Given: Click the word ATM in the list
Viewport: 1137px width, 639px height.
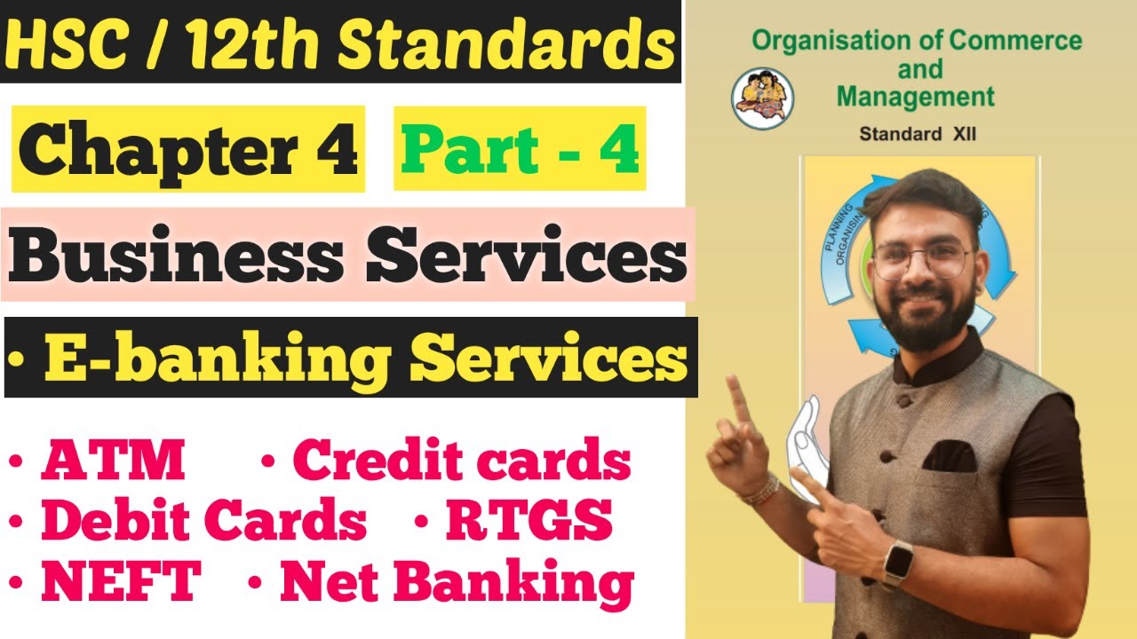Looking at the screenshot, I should [113, 461].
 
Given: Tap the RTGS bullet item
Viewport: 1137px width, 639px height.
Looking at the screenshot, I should [528, 521].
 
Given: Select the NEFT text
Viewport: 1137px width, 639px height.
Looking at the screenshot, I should [120, 582].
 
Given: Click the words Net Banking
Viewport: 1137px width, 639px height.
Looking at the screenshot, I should [457, 582].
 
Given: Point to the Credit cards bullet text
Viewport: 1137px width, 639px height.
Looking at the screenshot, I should [461, 461].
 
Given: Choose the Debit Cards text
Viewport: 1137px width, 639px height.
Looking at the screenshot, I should [203, 521].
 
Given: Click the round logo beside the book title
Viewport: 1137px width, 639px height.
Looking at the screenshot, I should [762, 99].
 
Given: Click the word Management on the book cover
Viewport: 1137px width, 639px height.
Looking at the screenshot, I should [916, 95].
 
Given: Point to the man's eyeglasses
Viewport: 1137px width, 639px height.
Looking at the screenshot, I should [921, 261].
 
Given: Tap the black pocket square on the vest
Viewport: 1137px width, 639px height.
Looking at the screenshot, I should [950, 454].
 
